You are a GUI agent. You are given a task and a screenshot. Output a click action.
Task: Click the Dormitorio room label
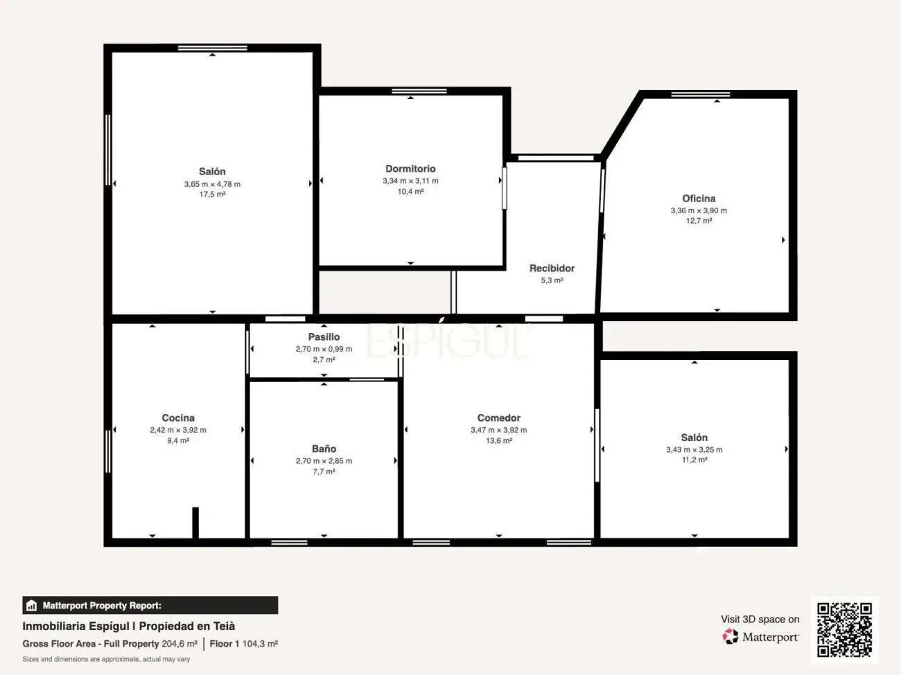point(410,169)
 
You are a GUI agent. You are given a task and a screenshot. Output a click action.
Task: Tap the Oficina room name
point(699,199)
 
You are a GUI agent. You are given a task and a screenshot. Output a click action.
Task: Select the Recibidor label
point(552,269)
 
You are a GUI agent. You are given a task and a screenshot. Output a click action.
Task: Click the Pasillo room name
point(324,337)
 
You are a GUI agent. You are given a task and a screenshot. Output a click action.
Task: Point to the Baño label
point(324,449)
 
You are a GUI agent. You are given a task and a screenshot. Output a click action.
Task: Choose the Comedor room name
point(498,418)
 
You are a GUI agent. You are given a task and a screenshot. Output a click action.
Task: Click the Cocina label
point(178,418)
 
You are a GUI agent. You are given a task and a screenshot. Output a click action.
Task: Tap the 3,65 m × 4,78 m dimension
point(212,184)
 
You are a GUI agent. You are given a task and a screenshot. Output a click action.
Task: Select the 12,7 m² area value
point(699,221)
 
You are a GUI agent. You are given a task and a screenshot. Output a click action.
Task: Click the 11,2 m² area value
point(694,460)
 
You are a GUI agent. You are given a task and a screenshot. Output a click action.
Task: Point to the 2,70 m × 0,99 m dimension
point(324,349)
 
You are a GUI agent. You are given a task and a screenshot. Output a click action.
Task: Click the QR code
point(844,629)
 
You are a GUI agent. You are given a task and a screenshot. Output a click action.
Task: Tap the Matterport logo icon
point(731,636)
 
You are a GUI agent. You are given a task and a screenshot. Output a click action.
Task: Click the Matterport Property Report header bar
point(150,605)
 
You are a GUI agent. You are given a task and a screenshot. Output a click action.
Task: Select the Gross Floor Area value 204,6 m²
point(180,644)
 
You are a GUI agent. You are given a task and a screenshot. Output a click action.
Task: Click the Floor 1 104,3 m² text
point(243,644)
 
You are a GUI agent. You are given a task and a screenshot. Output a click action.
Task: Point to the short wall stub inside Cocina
point(195,522)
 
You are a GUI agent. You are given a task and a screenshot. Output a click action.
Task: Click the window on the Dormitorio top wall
point(419,91)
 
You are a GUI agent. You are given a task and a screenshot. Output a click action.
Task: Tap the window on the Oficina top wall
point(700,94)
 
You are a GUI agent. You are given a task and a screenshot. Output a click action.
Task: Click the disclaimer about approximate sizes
point(106,659)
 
